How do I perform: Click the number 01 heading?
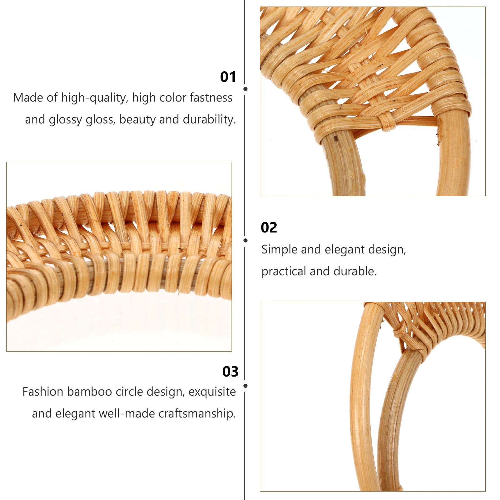pyautogui.click(x=228, y=77)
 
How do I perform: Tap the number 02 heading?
pyautogui.click(x=269, y=227)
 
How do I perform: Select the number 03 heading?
pyautogui.click(x=230, y=372)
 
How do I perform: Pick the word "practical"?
pyautogui.click(x=284, y=271)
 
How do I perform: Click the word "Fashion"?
pyautogui.click(x=43, y=392)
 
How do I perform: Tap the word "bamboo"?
pyautogui.click(x=89, y=392)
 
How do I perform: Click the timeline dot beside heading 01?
pyautogui.click(x=245, y=89)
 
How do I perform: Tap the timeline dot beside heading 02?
pyautogui.click(x=245, y=240)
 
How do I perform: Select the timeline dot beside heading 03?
pyautogui.click(x=245, y=386)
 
